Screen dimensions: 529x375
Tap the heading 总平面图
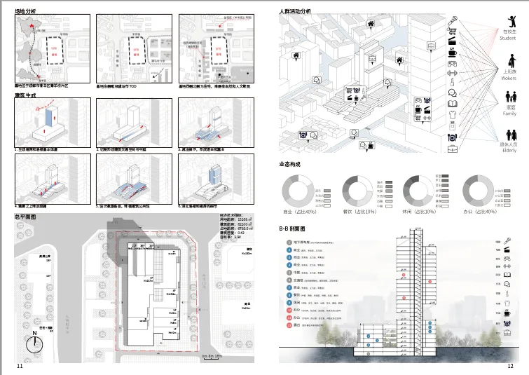[x=26, y=218]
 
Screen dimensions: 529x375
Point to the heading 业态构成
[x=290, y=164]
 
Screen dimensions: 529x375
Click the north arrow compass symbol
[x=32, y=343]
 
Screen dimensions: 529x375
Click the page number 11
[x=20, y=366]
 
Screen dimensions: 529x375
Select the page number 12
[x=511, y=366]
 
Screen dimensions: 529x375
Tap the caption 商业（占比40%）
[x=301, y=211]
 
